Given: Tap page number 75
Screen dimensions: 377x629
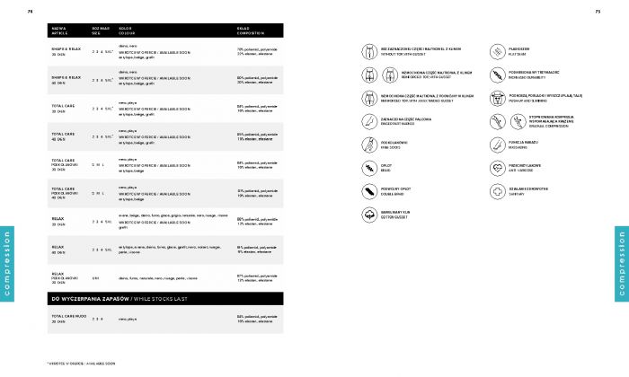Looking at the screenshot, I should [598, 12].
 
